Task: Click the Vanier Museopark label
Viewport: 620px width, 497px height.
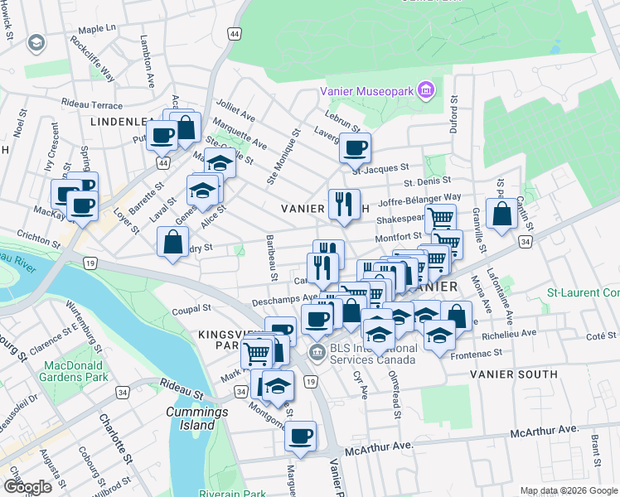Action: [368, 90]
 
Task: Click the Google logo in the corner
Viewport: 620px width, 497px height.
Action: [27, 487]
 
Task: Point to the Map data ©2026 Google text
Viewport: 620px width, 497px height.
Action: [568, 490]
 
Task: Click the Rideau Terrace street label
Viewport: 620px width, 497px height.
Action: [92, 105]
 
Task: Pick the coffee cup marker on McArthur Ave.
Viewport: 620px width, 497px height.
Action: [300, 436]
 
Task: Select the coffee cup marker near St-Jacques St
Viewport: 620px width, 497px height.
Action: [355, 150]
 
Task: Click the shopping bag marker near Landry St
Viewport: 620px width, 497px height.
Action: [172, 244]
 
